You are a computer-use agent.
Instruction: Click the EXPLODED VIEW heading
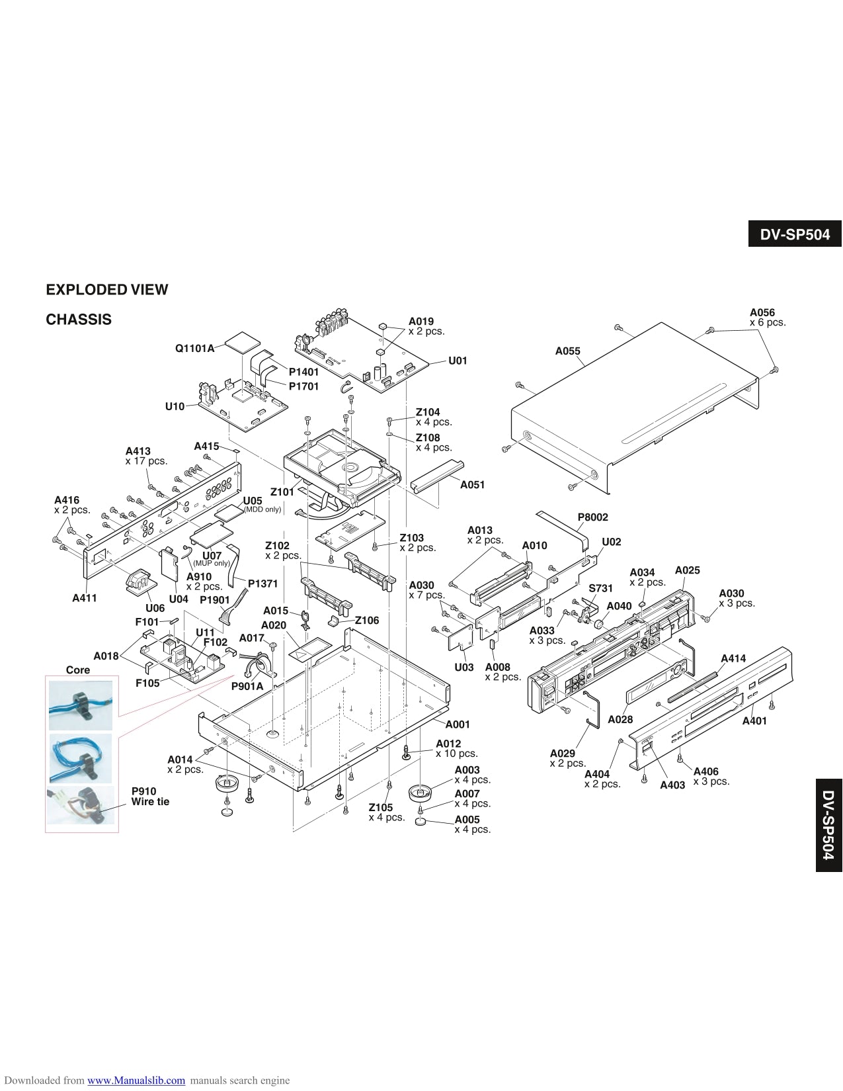(106, 290)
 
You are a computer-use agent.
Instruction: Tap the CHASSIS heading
(79, 320)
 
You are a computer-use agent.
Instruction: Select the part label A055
(567, 351)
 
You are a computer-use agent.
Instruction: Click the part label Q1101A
(194, 348)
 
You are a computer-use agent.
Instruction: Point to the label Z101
(282, 492)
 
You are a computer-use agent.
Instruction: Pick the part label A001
(457, 724)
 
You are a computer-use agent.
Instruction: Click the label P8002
(592, 517)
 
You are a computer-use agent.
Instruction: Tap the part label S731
(600, 588)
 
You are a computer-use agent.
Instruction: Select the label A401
(754, 720)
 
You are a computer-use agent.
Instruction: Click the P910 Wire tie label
(150, 797)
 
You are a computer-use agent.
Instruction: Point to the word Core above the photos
(78, 670)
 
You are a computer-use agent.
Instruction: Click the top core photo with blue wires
(81, 704)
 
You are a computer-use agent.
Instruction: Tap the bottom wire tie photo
(81, 806)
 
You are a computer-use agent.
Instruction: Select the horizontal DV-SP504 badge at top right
(795, 234)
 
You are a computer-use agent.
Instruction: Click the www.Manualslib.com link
(136, 1080)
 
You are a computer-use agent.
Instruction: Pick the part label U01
(458, 361)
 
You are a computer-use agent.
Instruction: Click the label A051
(472, 485)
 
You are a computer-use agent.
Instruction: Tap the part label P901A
(247, 686)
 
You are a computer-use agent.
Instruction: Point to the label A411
(84, 598)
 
